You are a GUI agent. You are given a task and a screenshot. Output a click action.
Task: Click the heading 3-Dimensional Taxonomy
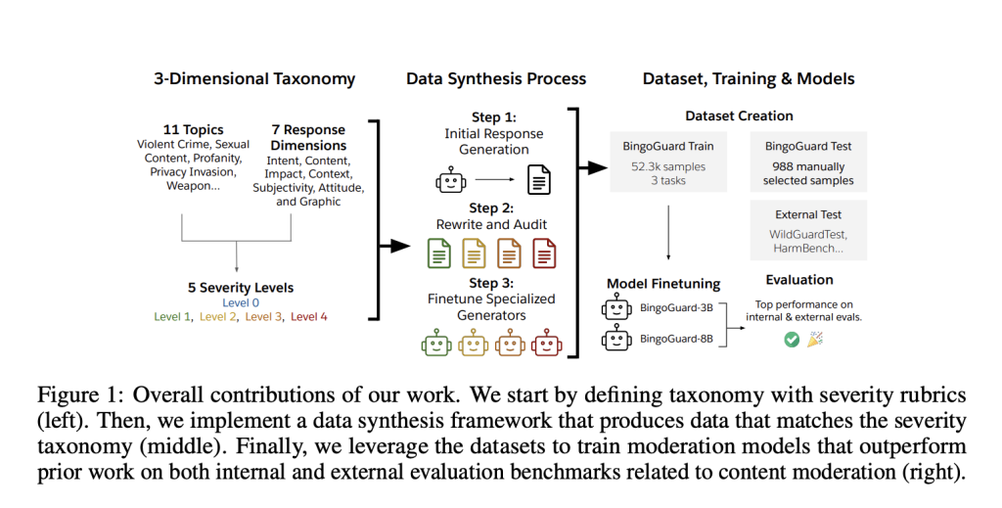pyautogui.click(x=254, y=78)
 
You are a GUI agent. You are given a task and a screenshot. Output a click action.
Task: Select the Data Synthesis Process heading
pyautogui.click(x=496, y=78)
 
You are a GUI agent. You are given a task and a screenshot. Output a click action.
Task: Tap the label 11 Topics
pyautogui.click(x=193, y=129)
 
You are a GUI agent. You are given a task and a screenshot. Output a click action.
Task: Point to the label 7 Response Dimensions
pyautogui.click(x=307, y=137)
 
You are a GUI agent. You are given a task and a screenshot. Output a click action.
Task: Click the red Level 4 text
pyautogui.click(x=309, y=316)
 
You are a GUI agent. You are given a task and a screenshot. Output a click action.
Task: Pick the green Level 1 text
pyautogui.click(x=173, y=316)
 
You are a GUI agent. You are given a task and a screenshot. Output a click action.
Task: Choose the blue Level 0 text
pyautogui.click(x=241, y=302)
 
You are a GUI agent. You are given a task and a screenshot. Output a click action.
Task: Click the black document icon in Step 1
pyautogui.click(x=539, y=180)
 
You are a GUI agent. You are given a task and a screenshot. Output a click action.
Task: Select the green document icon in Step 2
pyautogui.click(x=439, y=254)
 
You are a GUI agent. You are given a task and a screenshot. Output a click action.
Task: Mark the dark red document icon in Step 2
pyautogui.click(x=544, y=254)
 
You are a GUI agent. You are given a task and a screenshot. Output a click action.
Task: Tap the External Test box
pyautogui.click(x=808, y=231)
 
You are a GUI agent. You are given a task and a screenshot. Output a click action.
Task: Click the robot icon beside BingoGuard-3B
pyautogui.click(x=615, y=310)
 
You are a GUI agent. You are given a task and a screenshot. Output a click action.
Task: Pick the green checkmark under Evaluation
pyautogui.click(x=792, y=339)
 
